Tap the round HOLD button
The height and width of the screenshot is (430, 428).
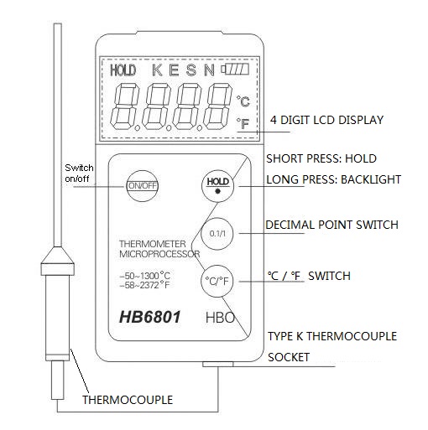point(217,186)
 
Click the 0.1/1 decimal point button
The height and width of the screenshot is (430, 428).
point(217,233)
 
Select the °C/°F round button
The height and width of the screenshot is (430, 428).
point(217,281)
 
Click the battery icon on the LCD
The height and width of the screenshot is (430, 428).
point(235,70)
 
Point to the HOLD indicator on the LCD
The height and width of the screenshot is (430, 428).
point(123,70)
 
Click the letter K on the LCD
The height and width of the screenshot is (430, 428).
point(157,70)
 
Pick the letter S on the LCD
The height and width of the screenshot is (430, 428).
point(191,70)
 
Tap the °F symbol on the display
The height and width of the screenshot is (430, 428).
point(243,123)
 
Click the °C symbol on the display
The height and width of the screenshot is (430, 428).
point(243,101)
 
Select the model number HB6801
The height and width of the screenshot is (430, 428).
point(150,317)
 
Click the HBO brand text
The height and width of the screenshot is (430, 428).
point(220,318)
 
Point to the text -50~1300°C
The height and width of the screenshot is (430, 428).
point(145,276)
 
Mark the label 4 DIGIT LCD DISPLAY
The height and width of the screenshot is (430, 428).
point(326,120)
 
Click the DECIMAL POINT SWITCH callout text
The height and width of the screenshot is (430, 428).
point(331,225)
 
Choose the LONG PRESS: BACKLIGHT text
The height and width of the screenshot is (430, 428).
point(333,179)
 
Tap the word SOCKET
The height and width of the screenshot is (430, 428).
point(289,357)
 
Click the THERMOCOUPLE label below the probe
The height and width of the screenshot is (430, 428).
point(128,400)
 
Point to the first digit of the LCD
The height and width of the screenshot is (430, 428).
point(125,106)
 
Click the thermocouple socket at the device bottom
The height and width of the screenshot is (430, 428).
point(218,364)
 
